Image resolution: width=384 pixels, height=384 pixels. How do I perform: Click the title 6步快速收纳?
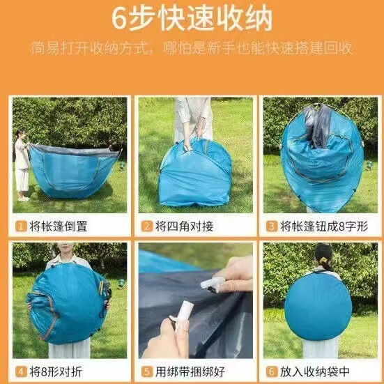pyautogui.click(x=192, y=20)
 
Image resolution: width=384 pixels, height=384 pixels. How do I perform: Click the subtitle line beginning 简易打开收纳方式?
pyautogui.click(x=192, y=49)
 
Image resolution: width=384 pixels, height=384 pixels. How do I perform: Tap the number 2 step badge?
pyautogui.click(x=147, y=226)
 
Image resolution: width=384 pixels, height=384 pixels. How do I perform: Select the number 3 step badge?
pyautogui.click(x=272, y=226)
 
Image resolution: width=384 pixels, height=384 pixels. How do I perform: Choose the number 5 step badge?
pyautogui.click(x=147, y=371)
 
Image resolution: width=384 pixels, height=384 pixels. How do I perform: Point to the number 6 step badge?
pyautogui.click(x=272, y=371)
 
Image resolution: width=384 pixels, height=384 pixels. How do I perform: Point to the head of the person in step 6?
pyautogui.click(x=323, y=257)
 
